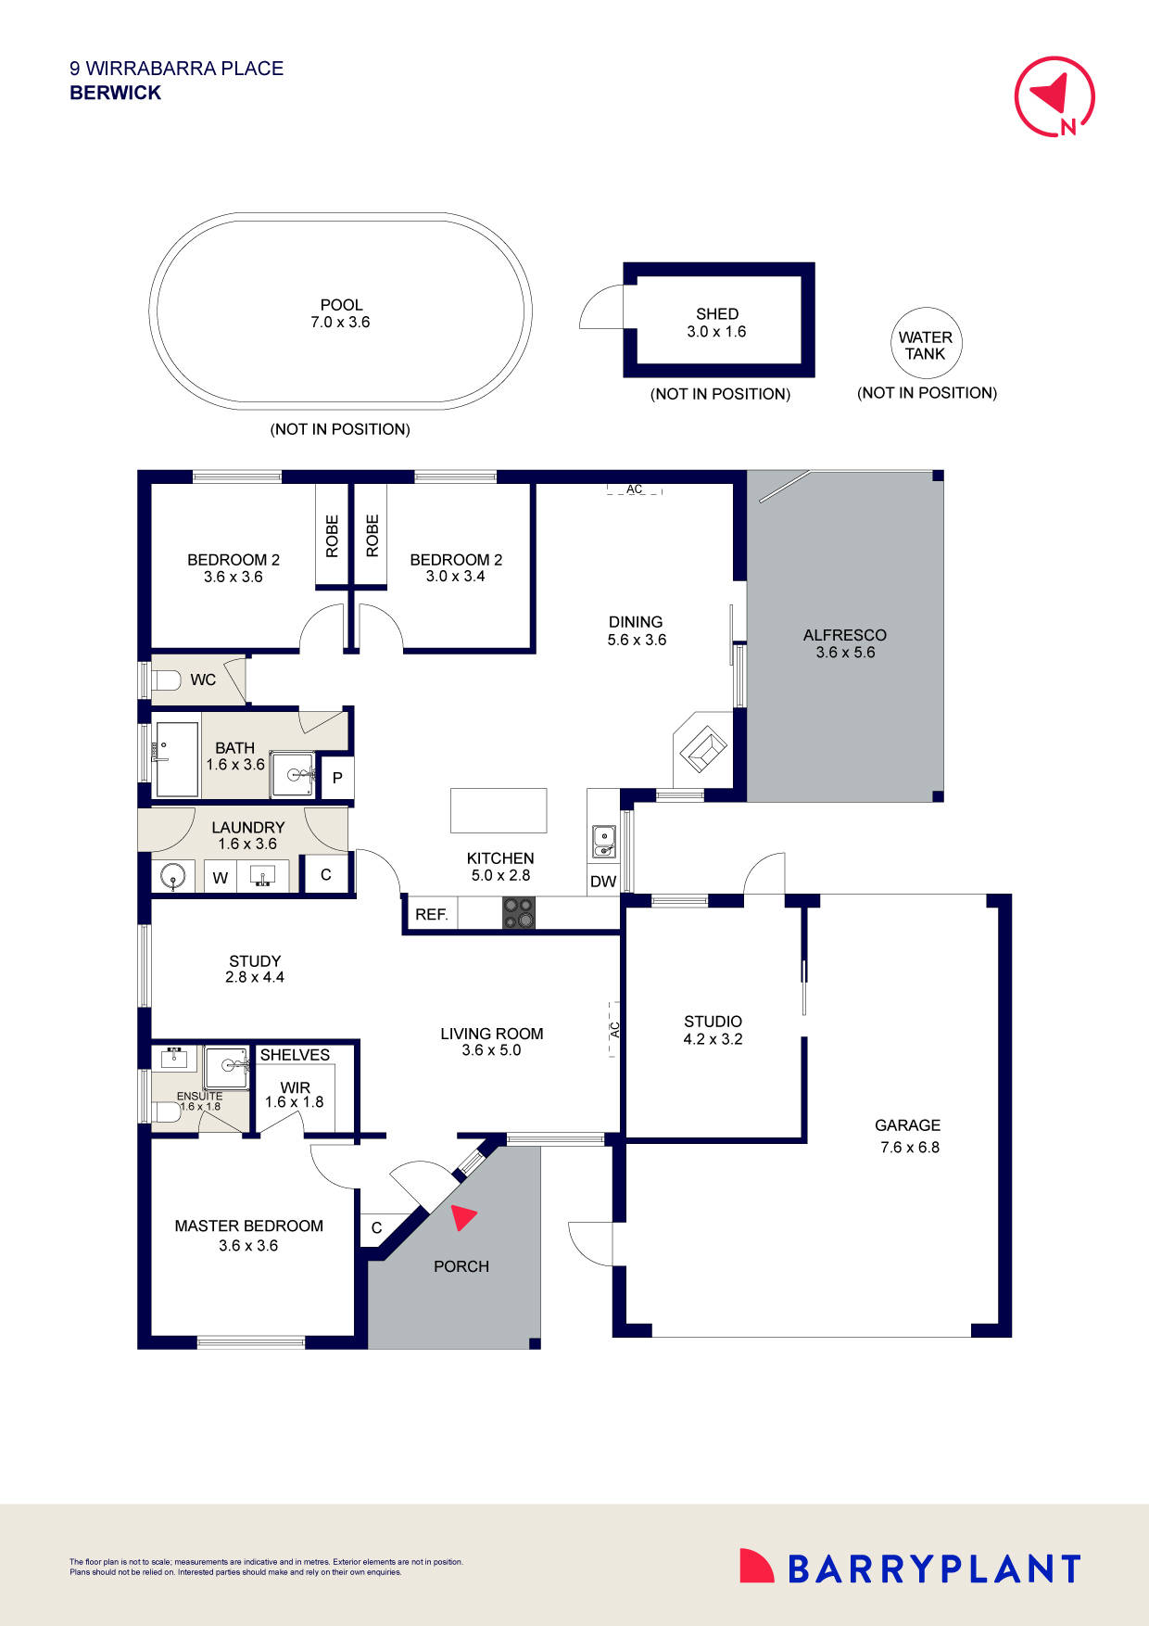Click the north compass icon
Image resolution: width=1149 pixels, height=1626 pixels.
(x=1054, y=96)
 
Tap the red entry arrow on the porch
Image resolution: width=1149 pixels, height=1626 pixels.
(x=462, y=1216)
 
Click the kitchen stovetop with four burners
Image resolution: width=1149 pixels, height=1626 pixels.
(x=519, y=913)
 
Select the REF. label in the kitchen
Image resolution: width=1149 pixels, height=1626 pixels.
(x=431, y=914)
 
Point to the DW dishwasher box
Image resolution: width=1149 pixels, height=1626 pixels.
(x=603, y=882)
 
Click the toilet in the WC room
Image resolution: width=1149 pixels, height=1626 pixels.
(x=166, y=680)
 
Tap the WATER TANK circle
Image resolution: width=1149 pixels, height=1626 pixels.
(x=925, y=345)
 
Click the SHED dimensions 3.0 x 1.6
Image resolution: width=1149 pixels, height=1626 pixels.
(x=716, y=332)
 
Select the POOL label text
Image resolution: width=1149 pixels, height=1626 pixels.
(x=341, y=304)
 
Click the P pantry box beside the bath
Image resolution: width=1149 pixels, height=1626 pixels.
(x=337, y=778)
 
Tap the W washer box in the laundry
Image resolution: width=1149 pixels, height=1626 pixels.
(x=221, y=877)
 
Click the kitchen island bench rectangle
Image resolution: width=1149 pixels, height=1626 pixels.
(x=499, y=810)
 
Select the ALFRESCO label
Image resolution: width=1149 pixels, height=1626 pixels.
(x=844, y=635)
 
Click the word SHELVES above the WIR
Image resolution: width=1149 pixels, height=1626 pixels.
(x=295, y=1055)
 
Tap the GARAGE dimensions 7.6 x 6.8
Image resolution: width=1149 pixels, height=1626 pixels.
(x=909, y=1148)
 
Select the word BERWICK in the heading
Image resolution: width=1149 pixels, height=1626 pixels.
(x=116, y=93)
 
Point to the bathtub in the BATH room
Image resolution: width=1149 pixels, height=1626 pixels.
(x=176, y=759)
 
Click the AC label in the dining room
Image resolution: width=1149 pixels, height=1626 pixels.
(x=634, y=489)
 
